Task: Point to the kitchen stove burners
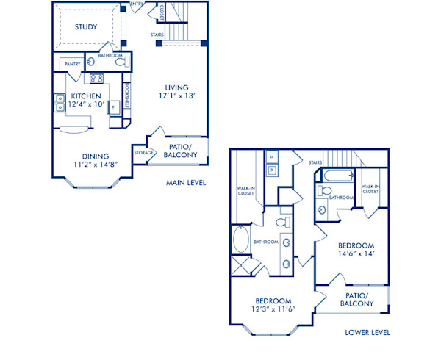pos(96,79)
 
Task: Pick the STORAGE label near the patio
pos(143,153)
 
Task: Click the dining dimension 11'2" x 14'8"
pos(96,165)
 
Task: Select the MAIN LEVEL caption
pos(185,183)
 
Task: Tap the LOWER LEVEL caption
pos(367,332)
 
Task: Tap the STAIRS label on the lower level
pos(316,162)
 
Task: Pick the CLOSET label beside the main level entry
pos(162,11)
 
